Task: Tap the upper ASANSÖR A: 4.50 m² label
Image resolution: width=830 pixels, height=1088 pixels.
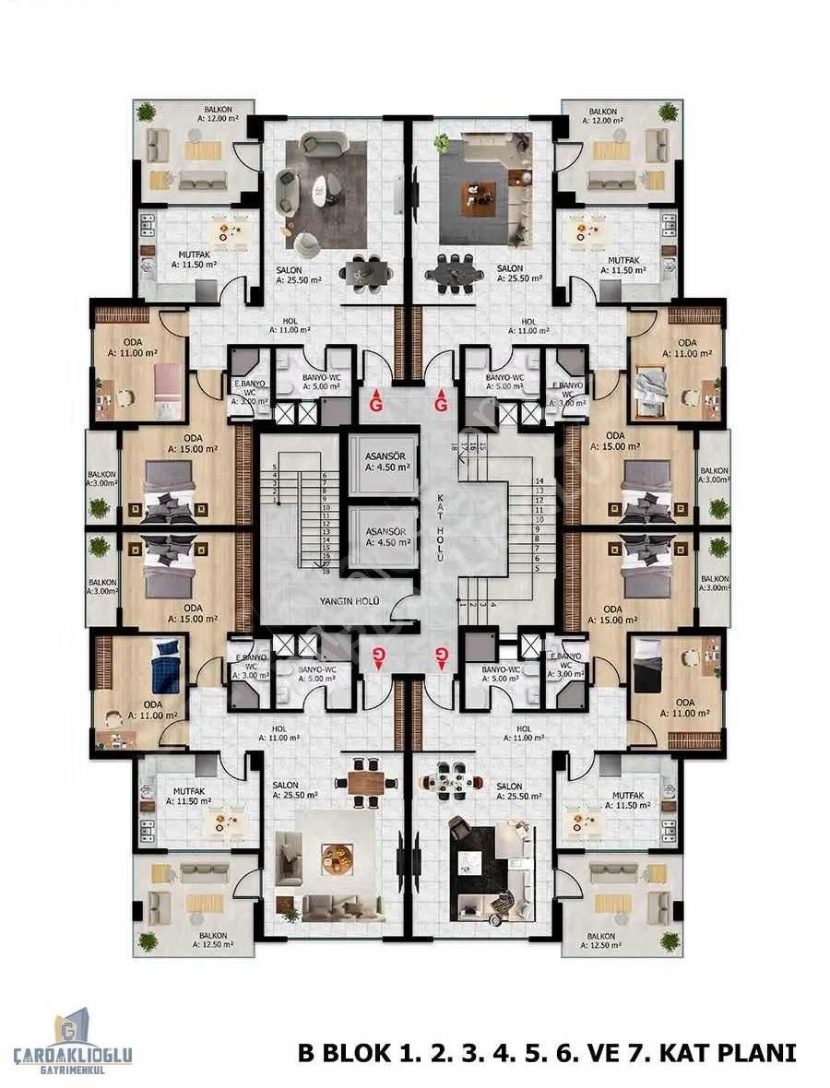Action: [381, 461]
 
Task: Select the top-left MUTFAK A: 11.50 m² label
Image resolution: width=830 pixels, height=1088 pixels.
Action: [193, 257]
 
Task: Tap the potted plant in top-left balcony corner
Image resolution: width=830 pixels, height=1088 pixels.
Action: [146, 112]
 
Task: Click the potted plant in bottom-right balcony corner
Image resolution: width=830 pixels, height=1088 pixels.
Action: [670, 940]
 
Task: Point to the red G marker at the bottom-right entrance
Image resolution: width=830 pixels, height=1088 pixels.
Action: [441, 656]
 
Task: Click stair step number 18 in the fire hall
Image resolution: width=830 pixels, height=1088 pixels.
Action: [326, 572]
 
